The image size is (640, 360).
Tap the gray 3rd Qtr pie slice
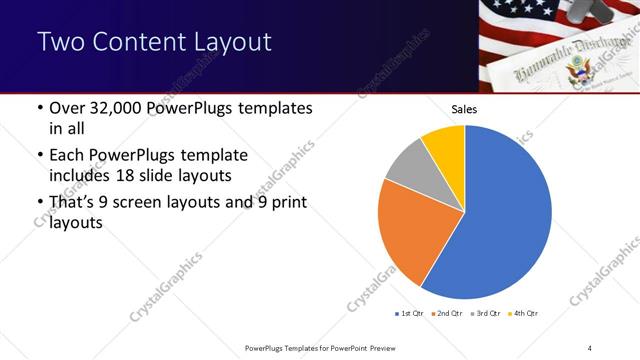(x=409, y=167)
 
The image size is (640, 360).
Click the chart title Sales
(x=465, y=109)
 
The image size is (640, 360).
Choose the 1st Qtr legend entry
(x=410, y=314)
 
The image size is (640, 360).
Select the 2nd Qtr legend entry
(x=446, y=314)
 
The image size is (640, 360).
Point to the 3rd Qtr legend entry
(x=483, y=314)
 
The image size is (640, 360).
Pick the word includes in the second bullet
(x=81, y=176)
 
